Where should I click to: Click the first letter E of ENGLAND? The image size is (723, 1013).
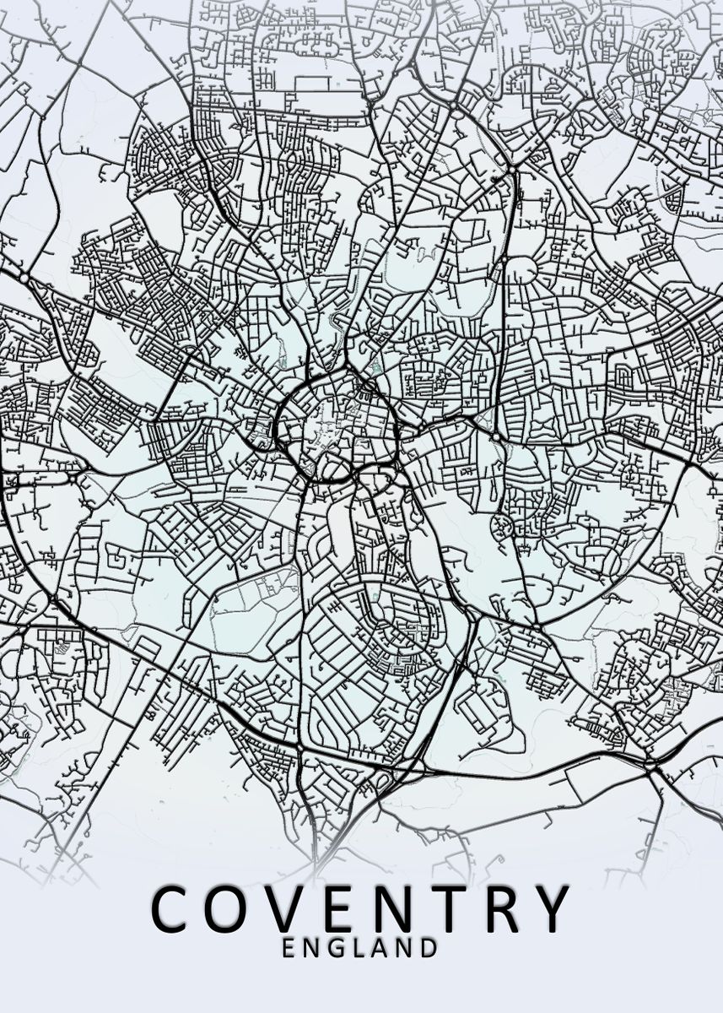pos(289,948)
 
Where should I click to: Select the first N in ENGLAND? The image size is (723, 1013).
pos(312,948)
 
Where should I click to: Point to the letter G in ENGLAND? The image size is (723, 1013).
pos(337,948)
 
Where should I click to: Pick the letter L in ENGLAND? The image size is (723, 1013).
pos(360,948)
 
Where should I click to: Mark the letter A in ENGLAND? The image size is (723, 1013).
pos(380,948)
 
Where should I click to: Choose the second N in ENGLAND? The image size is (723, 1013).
pos(405,948)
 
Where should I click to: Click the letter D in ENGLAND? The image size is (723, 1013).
pos(429,948)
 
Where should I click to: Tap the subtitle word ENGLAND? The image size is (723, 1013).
pos(359,948)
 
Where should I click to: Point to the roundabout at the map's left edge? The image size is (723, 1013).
pos(24,278)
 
